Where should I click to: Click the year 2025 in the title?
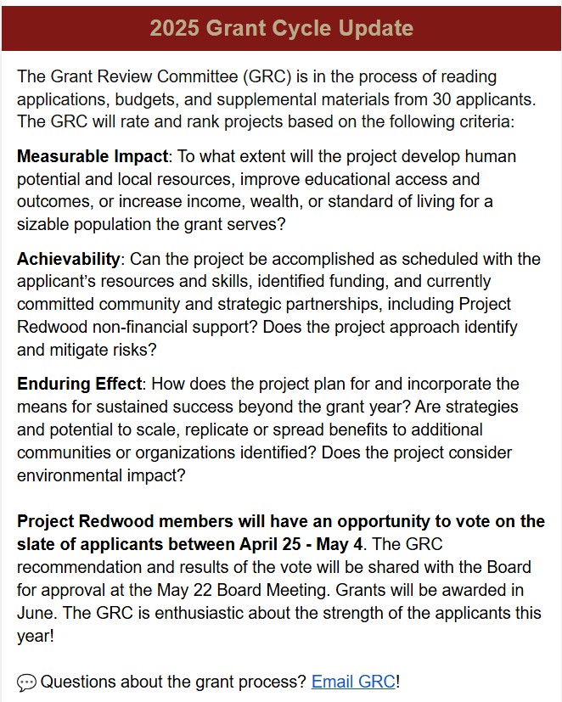pos(173,28)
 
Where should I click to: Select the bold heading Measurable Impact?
pos(92,157)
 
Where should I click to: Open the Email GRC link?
pos(353,681)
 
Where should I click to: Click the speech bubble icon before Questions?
pos(26,682)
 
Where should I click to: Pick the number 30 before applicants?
pos(451,98)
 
